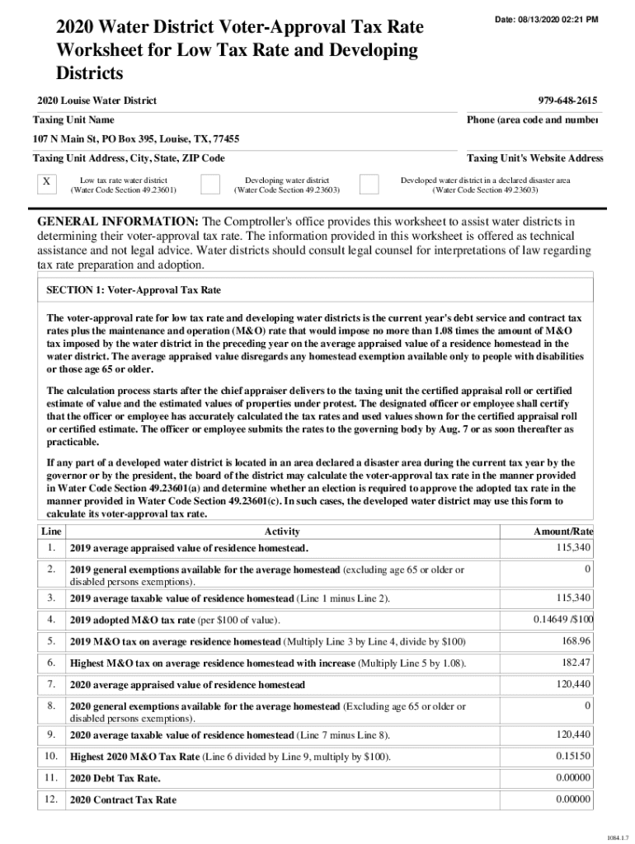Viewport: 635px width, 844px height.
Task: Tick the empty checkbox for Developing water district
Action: [210, 183]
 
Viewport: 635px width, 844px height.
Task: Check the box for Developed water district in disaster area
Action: [369, 183]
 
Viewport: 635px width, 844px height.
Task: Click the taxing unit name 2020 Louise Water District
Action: [95, 101]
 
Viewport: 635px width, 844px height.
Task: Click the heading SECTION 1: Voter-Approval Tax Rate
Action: [133, 291]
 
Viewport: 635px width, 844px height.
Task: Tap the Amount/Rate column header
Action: [565, 532]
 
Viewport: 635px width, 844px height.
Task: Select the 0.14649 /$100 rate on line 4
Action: [564, 619]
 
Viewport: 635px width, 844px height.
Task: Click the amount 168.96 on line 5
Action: [575, 640]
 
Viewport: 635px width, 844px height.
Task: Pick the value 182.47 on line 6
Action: [575, 662]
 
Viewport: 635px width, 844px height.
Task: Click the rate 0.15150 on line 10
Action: [572, 756]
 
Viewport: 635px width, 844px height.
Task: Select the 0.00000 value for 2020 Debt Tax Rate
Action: [572, 777]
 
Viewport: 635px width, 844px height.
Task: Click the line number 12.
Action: [51, 799]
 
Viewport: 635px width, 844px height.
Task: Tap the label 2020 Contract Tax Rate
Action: [123, 799]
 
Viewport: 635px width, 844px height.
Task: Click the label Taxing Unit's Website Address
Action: [534, 158]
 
